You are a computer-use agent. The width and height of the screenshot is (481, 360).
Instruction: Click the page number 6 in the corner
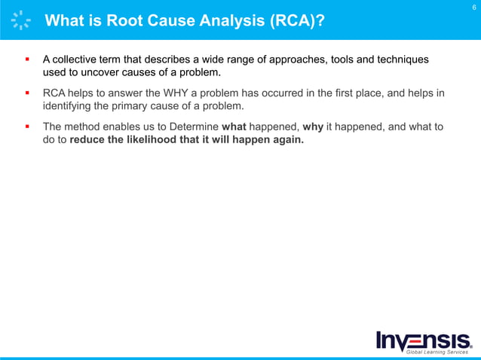pos(473,8)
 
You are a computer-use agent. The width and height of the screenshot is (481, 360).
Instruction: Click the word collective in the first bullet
pos(81,59)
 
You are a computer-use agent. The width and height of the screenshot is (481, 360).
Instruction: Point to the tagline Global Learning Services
pos(437,352)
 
